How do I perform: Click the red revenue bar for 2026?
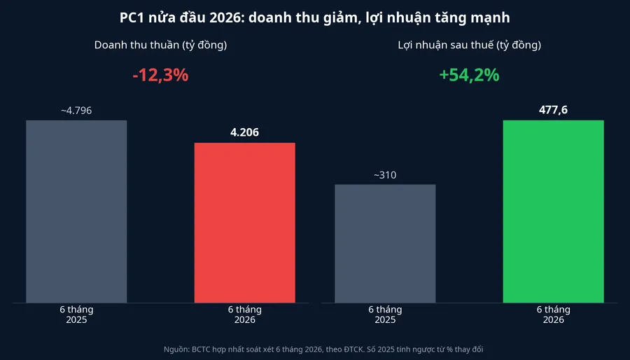pyautogui.click(x=245, y=223)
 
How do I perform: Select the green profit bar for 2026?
pyautogui.click(x=553, y=212)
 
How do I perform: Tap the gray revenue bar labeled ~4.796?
pyautogui.click(x=76, y=212)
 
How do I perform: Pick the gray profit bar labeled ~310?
pyautogui.click(x=385, y=244)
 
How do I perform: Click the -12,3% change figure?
pyautogui.click(x=160, y=76)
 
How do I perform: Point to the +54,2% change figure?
pyautogui.click(x=469, y=76)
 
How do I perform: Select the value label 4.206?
pyautogui.click(x=245, y=132)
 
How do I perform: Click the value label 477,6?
pyautogui.click(x=553, y=110)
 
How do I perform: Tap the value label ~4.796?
pyautogui.click(x=76, y=111)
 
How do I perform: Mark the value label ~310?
pyautogui.click(x=385, y=175)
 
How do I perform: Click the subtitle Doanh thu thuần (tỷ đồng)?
pyautogui.click(x=161, y=45)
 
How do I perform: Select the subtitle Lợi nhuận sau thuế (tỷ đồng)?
pyautogui.click(x=469, y=45)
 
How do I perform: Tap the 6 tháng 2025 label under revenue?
pyautogui.click(x=76, y=314)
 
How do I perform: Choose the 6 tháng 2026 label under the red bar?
pyautogui.click(x=245, y=314)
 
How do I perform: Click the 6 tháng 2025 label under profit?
pyautogui.click(x=385, y=314)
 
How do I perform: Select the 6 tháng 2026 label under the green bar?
pyautogui.click(x=553, y=314)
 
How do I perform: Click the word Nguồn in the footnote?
pyautogui.click(x=176, y=349)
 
